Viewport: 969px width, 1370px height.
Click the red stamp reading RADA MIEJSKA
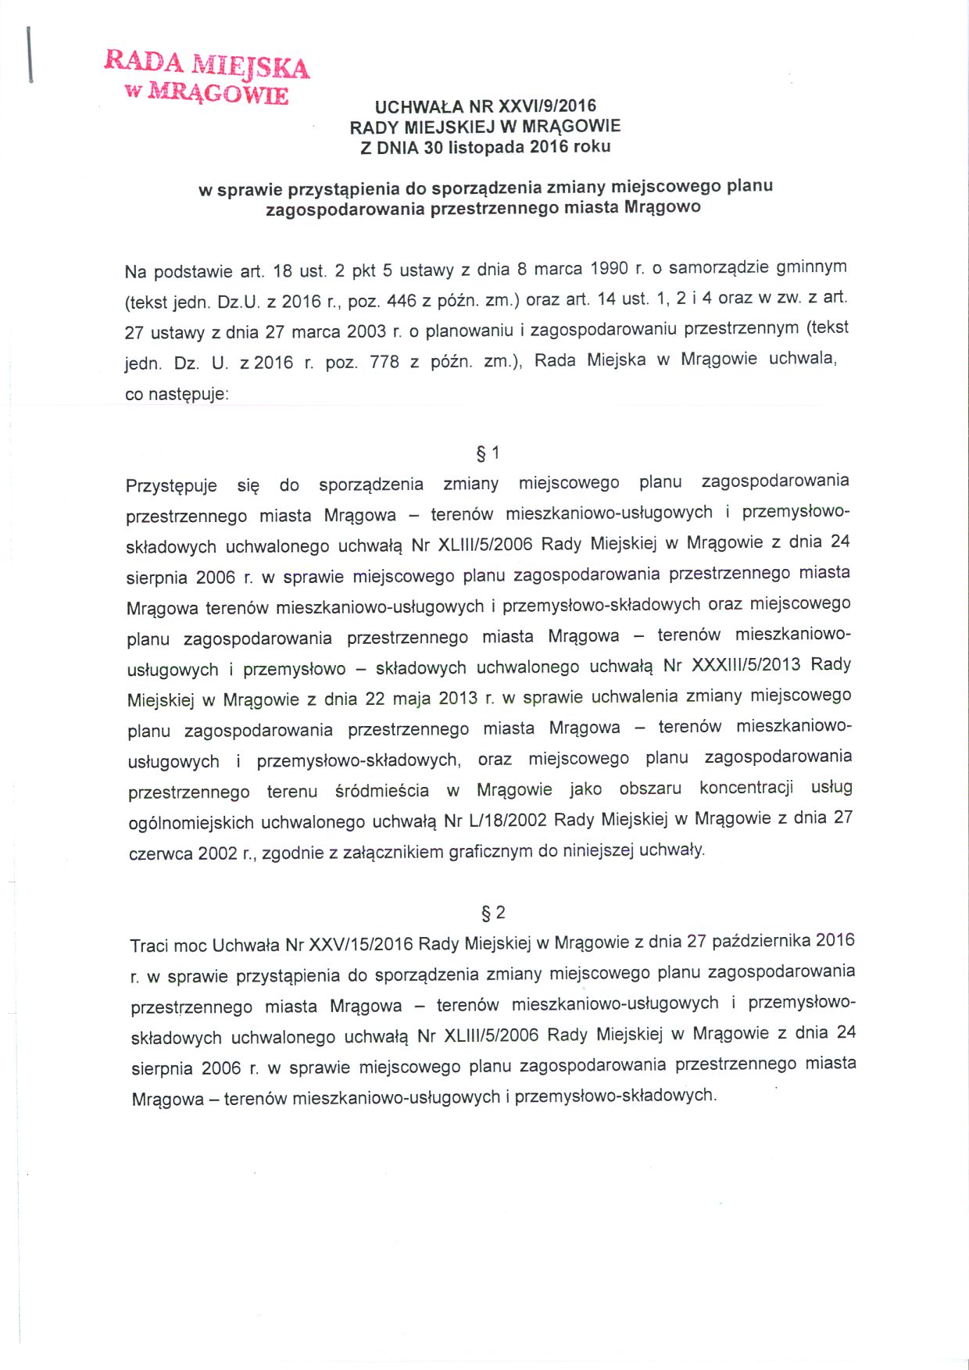207,77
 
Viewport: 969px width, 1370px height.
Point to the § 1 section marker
488,453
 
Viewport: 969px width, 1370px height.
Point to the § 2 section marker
493,912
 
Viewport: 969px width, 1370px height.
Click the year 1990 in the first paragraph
609,269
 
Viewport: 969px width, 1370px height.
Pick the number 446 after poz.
402,300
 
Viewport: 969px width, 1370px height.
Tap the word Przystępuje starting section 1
171,485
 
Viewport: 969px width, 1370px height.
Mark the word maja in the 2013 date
411,698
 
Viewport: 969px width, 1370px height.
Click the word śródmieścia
382,791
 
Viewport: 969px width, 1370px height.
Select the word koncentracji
746,788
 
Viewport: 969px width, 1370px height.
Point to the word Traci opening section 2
149,946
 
